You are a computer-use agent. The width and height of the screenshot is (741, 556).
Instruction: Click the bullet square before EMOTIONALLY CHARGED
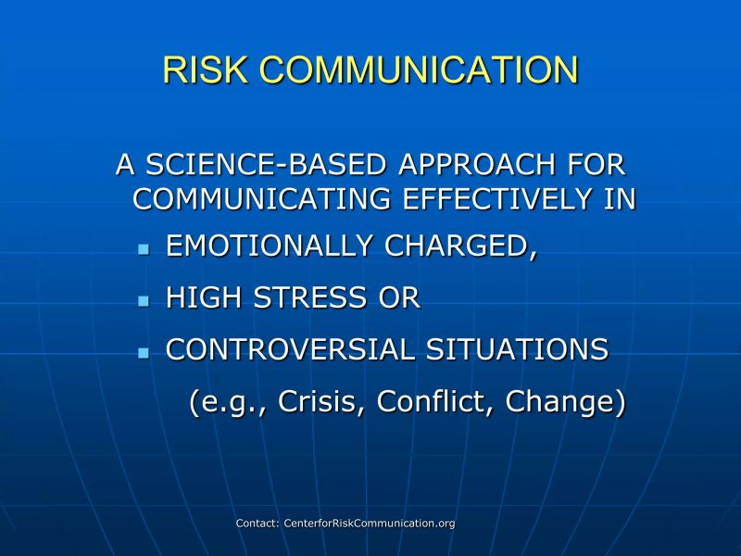pos(143,250)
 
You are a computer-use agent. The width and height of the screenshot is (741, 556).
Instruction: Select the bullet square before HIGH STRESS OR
pos(143,301)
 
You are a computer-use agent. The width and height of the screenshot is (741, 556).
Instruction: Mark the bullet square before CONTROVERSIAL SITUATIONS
pos(143,353)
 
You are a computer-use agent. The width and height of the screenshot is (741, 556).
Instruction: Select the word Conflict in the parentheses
pos(433,403)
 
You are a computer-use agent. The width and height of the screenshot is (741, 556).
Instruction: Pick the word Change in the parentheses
pos(565,403)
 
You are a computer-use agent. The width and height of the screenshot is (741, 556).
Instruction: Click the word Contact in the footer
pos(257,524)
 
